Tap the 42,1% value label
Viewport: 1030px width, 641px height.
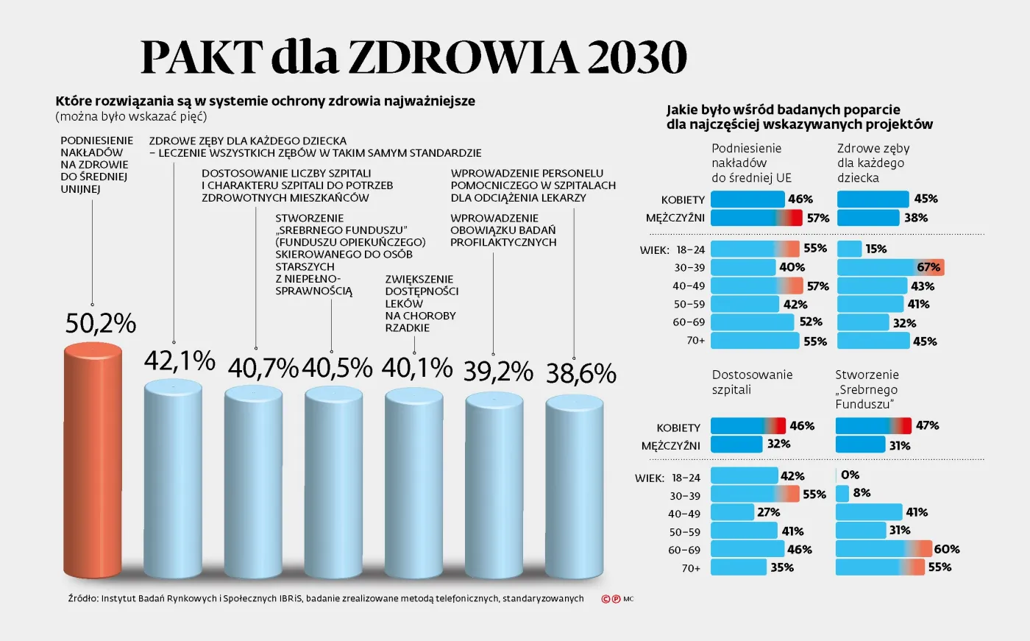coord(180,361)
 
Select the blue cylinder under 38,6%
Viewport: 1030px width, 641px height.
coord(574,486)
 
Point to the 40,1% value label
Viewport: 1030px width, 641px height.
coord(416,367)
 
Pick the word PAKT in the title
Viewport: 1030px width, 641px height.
coord(201,57)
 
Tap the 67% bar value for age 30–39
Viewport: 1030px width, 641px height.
coord(928,267)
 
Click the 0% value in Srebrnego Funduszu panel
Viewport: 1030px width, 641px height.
coord(850,475)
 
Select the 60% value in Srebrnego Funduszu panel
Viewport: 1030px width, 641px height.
coord(946,549)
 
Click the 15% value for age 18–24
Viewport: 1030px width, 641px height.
coord(876,249)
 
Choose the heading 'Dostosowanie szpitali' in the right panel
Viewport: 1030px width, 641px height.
coord(752,382)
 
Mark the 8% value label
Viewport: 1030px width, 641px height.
coord(862,493)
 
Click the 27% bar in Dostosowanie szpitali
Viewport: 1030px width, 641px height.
coord(733,512)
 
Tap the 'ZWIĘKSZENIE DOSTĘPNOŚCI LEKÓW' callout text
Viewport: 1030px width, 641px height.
coord(421,303)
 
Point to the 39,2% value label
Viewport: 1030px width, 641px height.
coord(498,372)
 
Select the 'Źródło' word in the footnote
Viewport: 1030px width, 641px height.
coord(82,598)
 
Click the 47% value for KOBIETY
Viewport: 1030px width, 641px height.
coord(927,425)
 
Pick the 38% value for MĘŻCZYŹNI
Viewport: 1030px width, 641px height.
coord(916,218)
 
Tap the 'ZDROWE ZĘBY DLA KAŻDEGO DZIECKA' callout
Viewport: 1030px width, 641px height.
coord(247,141)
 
